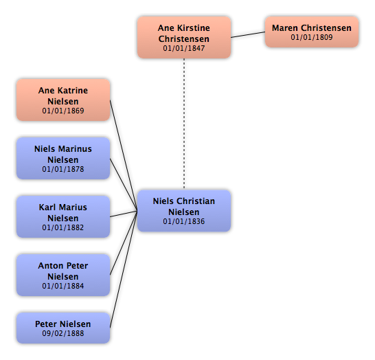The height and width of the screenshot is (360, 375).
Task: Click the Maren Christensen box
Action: [x=312, y=32]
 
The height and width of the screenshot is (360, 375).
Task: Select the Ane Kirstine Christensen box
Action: [x=184, y=37]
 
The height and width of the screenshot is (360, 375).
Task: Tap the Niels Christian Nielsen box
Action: [x=184, y=211]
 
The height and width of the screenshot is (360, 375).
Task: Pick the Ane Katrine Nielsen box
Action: [x=63, y=100]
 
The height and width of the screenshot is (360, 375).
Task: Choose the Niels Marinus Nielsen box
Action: [x=63, y=158]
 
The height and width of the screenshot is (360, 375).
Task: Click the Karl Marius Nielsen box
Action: [x=63, y=216]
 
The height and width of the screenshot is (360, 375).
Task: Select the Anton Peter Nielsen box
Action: [x=63, y=275]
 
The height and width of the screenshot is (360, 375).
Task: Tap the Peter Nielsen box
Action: [x=63, y=328]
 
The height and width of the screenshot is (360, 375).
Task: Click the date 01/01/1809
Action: [x=312, y=37]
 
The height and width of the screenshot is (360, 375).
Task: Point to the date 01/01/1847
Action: [x=184, y=48]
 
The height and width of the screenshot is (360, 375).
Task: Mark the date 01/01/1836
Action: [x=184, y=221]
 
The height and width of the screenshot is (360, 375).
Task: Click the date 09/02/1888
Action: [x=63, y=333]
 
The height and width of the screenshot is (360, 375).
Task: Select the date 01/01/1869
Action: [x=63, y=111]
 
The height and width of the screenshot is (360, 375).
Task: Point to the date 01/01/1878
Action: [x=63, y=169]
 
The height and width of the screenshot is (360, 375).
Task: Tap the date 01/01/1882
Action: [x=63, y=227]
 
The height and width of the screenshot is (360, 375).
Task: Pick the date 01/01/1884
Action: [x=63, y=286]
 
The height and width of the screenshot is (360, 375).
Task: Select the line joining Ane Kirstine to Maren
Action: [x=248, y=34]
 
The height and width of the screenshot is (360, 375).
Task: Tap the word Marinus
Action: [x=76, y=149]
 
